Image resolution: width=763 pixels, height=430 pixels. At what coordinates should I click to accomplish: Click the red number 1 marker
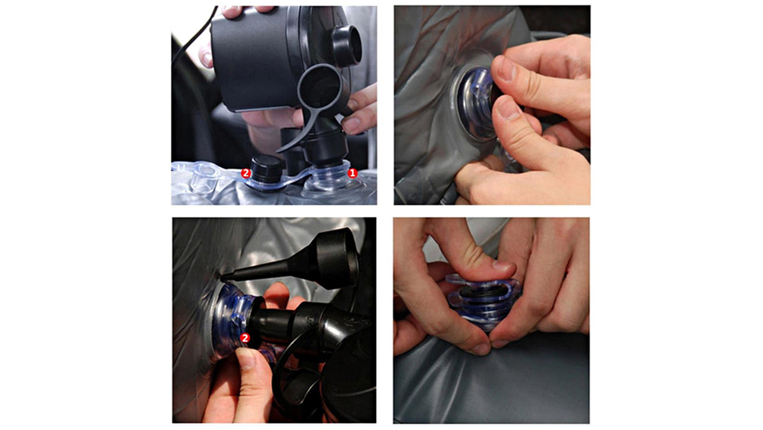tap(353, 173)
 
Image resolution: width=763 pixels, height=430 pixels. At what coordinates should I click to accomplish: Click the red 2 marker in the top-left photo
tap(246, 173)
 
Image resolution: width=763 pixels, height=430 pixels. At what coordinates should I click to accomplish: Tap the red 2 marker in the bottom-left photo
tap(245, 338)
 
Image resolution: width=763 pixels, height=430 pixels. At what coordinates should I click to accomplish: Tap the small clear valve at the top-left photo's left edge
tap(205, 177)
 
